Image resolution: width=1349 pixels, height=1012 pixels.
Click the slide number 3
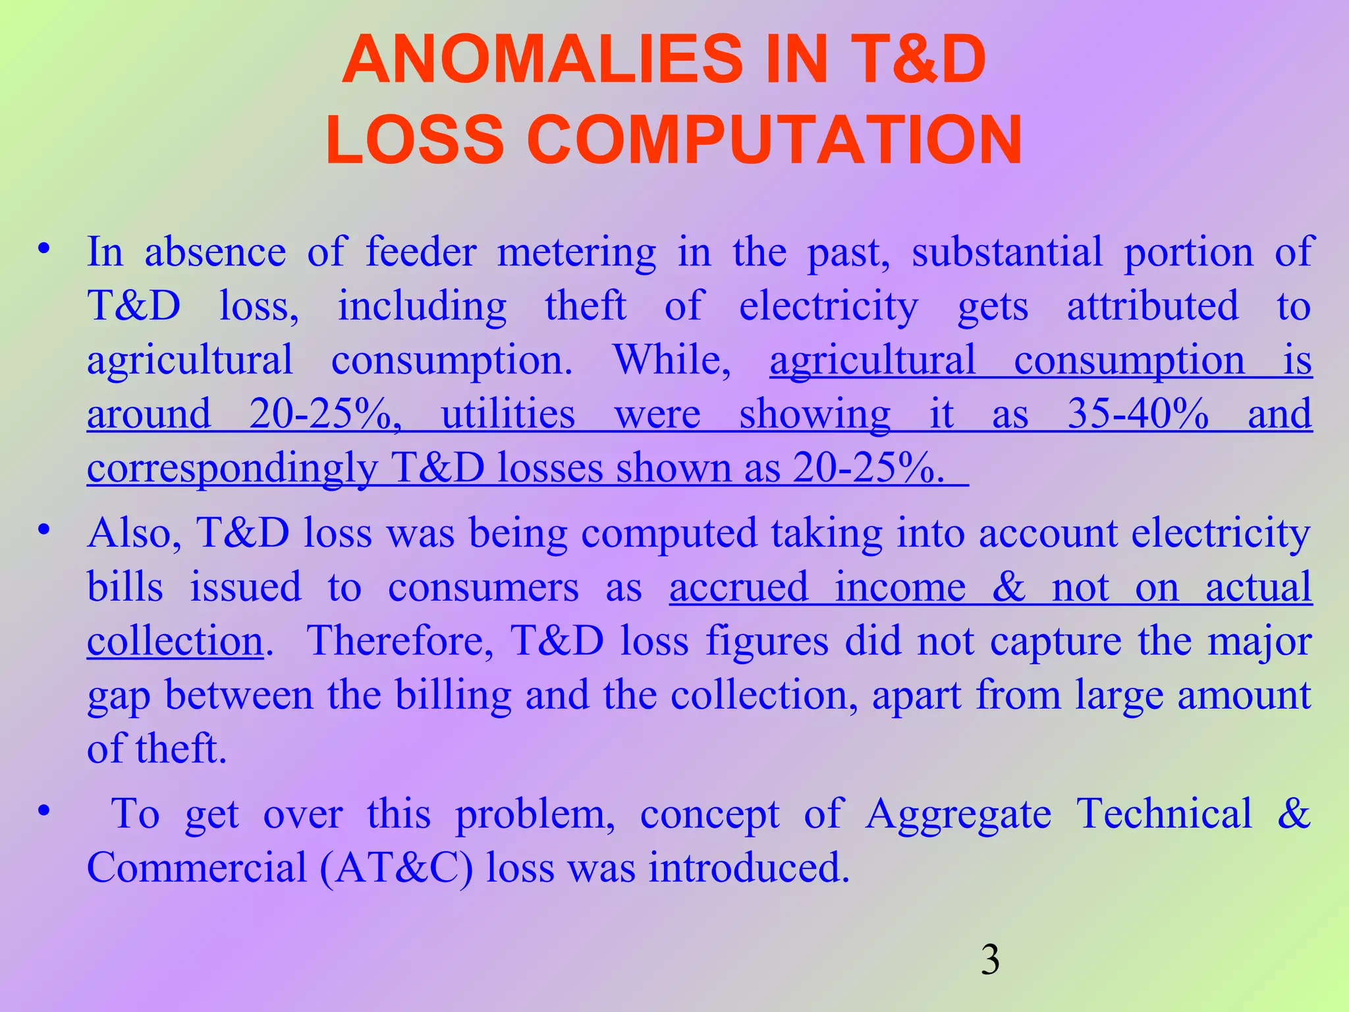point(990,960)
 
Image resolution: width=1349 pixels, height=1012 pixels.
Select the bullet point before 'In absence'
point(44,250)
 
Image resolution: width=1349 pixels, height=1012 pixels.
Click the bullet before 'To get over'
point(44,811)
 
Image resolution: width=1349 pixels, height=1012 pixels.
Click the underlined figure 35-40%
point(1138,414)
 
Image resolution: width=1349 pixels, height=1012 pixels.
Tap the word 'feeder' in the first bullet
point(420,252)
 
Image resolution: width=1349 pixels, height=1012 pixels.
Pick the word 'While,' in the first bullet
point(672,360)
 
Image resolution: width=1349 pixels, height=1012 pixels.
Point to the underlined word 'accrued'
point(738,587)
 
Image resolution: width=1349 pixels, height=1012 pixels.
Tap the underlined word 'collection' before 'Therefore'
point(175,641)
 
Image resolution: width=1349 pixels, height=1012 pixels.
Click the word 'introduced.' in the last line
point(749,868)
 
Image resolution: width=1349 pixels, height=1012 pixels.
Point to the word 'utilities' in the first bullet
point(508,414)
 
